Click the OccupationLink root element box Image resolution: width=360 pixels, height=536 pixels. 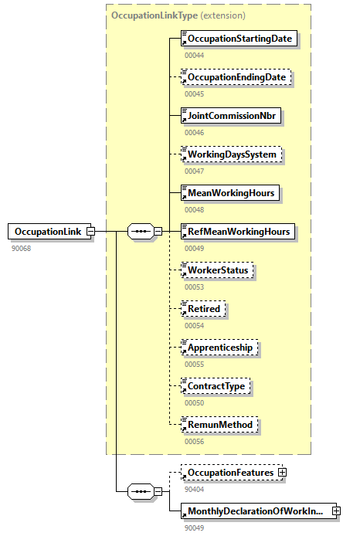47,231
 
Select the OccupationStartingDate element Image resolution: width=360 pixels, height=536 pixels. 239,38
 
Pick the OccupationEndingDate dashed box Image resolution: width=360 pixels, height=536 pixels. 236,77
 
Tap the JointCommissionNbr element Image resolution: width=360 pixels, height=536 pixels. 231,116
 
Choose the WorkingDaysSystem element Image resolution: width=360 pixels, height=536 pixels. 232,154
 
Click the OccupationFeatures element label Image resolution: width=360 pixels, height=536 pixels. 229,472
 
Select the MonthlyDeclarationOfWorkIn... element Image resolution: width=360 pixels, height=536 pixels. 255,511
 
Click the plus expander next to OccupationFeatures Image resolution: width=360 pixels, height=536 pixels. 282,472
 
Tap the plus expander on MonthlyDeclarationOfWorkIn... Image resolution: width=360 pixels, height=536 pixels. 336,511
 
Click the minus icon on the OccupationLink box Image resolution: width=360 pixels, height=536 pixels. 90,231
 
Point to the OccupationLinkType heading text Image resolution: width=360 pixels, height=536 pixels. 155,15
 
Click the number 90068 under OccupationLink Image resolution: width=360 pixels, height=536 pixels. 22,248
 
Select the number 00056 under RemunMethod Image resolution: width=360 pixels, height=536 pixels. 194,441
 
